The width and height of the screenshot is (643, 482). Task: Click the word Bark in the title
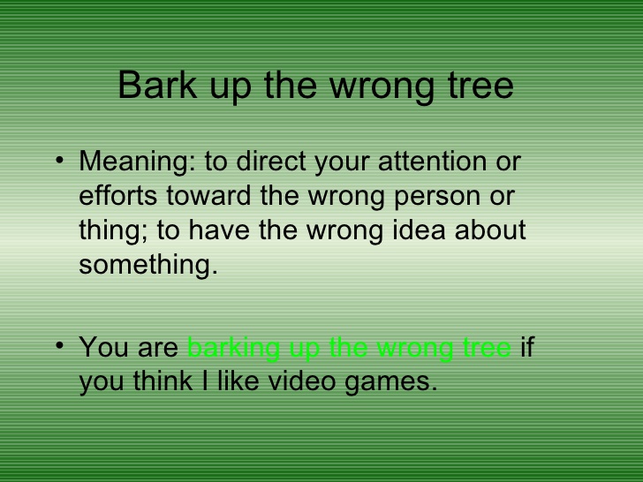pyautogui.click(x=157, y=86)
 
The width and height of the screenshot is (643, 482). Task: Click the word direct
pyautogui.click(x=271, y=161)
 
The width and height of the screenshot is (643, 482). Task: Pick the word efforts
pyautogui.click(x=118, y=195)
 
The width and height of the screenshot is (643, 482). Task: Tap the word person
pyautogui.click(x=437, y=197)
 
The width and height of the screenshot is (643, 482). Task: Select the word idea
pyautogui.click(x=419, y=230)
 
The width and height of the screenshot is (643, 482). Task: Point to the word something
pyautogui.click(x=148, y=265)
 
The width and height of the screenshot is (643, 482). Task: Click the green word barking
pyautogui.click(x=234, y=348)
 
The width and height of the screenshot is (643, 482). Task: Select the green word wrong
pyautogui.click(x=414, y=349)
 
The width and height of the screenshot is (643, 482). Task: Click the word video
pyautogui.click(x=301, y=381)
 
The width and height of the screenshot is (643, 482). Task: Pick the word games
pyautogui.click(x=391, y=383)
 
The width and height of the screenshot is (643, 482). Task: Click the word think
pyautogui.click(x=163, y=381)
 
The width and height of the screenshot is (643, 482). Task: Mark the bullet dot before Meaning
pyautogui.click(x=60, y=160)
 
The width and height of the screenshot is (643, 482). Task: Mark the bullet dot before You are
pyautogui.click(x=60, y=345)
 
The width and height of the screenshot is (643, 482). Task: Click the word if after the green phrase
pyautogui.click(x=527, y=347)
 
